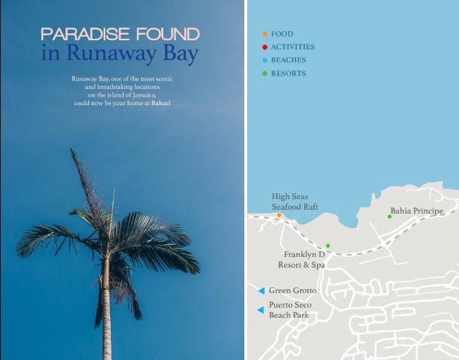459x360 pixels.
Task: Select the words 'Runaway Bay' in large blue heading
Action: tap(133, 54)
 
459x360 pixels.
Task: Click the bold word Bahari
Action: tap(161, 104)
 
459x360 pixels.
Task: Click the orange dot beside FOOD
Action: tap(265, 34)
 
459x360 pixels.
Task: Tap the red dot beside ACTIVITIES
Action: tap(265, 47)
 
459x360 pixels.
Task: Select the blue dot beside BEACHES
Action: tap(265, 61)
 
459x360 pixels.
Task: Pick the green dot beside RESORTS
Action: tap(265, 73)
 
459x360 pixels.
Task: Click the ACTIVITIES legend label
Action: tap(292, 47)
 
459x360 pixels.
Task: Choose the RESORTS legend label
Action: tap(288, 73)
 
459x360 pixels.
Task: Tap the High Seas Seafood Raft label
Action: tap(294, 201)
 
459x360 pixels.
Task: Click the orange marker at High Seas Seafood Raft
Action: tap(279, 215)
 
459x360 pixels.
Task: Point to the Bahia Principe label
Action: tap(417, 211)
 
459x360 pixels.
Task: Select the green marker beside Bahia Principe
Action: tap(389, 216)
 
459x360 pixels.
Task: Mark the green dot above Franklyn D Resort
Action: tap(328, 246)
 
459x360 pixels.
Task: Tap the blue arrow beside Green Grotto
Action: tap(261, 291)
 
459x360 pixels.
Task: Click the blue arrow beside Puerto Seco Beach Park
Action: tap(261, 310)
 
